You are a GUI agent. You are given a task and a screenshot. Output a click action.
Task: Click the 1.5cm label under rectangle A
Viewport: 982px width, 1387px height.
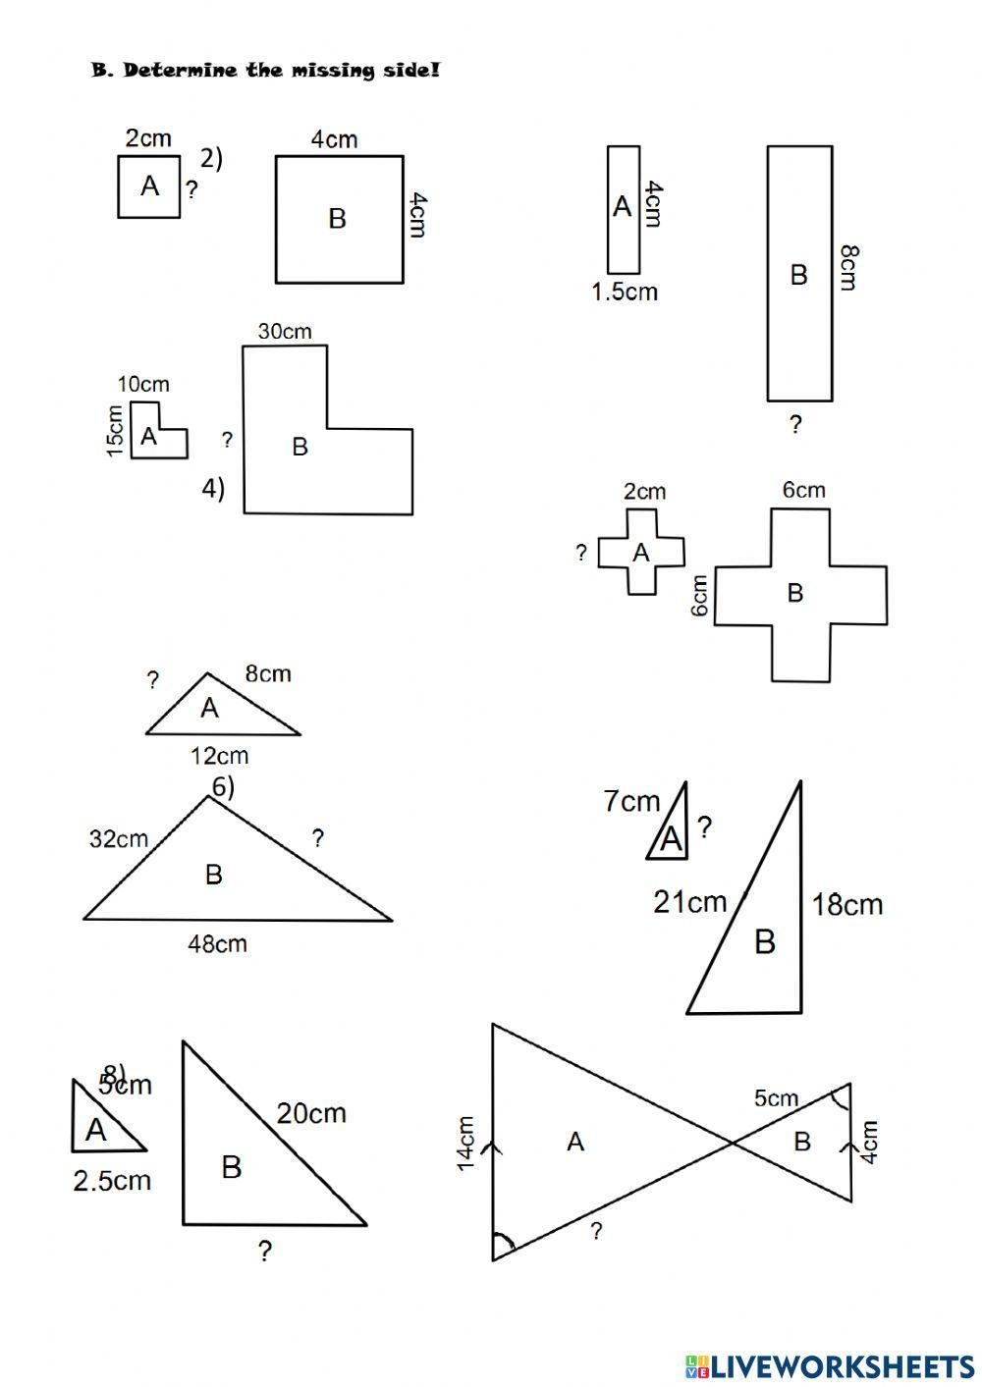coord(624,292)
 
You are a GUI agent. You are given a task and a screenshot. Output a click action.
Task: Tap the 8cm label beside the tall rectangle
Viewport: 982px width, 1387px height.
coord(848,267)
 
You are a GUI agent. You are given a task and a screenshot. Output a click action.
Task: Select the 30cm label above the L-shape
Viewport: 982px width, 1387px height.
coord(285,332)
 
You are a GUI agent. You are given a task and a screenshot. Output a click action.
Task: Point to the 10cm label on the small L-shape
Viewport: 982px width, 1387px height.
coord(143,385)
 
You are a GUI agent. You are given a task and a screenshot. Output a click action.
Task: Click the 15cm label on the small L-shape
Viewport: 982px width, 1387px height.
coord(115,433)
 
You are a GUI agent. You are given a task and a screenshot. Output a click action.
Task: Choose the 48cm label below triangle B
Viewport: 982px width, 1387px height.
coord(217,944)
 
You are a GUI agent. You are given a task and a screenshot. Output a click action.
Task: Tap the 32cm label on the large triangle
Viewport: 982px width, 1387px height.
coord(118,839)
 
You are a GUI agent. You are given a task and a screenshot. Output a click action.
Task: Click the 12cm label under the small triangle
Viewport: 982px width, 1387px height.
coord(219,756)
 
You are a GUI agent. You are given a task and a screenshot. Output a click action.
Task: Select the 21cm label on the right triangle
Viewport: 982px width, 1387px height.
coord(690,901)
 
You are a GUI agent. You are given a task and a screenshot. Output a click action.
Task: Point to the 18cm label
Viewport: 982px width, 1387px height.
coord(847,904)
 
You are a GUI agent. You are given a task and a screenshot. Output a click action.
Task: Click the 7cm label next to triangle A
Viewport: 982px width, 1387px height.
coord(631,802)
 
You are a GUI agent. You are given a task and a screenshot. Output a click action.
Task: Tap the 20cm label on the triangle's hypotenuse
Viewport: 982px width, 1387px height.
coord(310,1113)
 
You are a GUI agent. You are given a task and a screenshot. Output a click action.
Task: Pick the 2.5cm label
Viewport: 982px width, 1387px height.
coord(112,1180)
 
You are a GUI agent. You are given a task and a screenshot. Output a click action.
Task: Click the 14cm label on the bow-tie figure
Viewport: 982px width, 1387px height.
coord(465,1143)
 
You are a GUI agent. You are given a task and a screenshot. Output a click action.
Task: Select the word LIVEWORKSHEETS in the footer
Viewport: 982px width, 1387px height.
coord(842,1365)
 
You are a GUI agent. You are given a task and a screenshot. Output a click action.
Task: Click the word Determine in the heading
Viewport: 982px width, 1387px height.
coord(181,71)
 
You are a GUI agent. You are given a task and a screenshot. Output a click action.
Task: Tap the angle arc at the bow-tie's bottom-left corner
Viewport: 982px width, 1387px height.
coord(504,1245)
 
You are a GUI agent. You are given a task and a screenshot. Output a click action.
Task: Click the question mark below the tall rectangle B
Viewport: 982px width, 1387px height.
coord(795,424)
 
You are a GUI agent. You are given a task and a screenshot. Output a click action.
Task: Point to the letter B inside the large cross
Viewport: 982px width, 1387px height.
coord(795,593)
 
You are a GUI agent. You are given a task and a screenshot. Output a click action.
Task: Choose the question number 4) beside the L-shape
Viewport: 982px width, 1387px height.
coord(213,488)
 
